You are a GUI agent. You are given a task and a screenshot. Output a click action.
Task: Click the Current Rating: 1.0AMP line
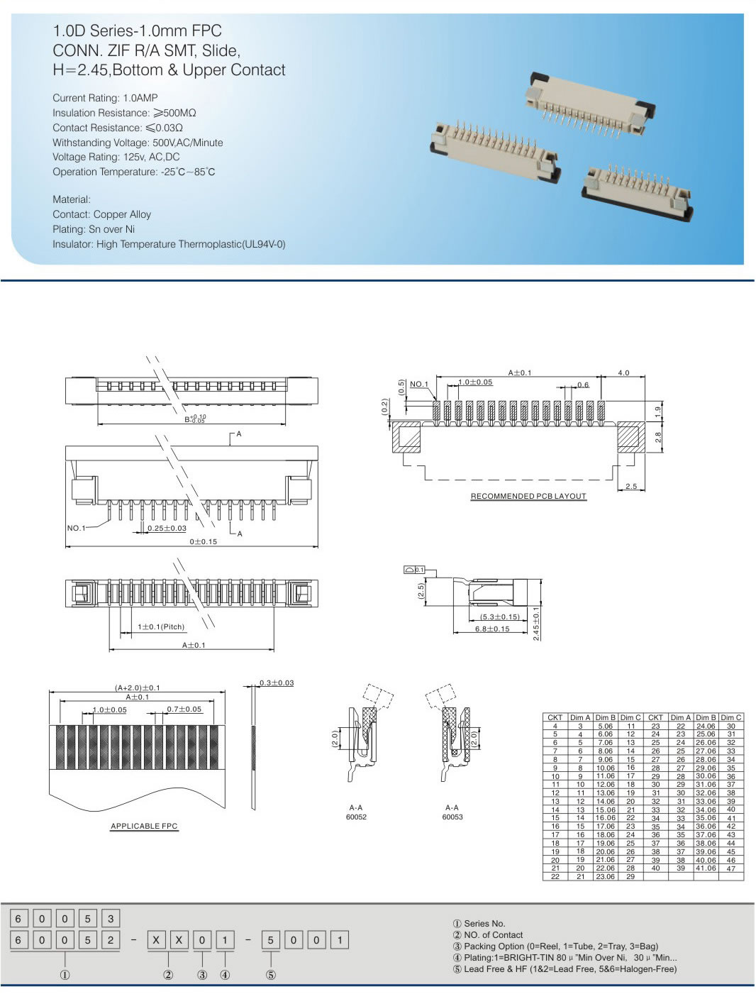(x=105, y=98)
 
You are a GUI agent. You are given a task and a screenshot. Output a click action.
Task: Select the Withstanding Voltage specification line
(x=138, y=143)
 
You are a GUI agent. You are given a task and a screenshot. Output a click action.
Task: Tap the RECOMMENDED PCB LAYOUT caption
(x=528, y=496)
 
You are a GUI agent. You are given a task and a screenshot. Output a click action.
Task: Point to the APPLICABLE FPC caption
(x=144, y=826)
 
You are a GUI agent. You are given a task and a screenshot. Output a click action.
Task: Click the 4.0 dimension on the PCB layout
(x=623, y=372)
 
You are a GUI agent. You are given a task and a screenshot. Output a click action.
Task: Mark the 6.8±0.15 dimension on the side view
(x=492, y=629)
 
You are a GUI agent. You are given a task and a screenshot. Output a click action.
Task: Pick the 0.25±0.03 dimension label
(x=167, y=528)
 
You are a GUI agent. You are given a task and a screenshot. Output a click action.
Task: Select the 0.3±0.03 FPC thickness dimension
(x=277, y=683)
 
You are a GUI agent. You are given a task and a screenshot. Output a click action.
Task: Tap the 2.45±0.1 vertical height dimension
(x=536, y=624)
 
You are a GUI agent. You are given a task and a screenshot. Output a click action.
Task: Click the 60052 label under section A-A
(x=356, y=817)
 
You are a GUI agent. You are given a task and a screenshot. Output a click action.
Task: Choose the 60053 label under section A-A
(x=452, y=817)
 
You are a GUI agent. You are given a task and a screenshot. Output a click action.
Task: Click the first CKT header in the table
(x=555, y=717)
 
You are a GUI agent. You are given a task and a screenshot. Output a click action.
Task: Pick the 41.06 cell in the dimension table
(x=706, y=868)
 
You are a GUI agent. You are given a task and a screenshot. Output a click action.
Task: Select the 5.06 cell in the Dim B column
(x=605, y=726)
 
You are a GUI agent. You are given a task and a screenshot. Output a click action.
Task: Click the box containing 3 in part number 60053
(x=111, y=918)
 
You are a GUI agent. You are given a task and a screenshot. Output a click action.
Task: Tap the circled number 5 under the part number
(x=271, y=975)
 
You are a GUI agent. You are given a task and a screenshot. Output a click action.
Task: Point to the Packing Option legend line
(x=555, y=946)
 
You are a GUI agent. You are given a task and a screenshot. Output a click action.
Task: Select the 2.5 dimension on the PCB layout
(x=630, y=486)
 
